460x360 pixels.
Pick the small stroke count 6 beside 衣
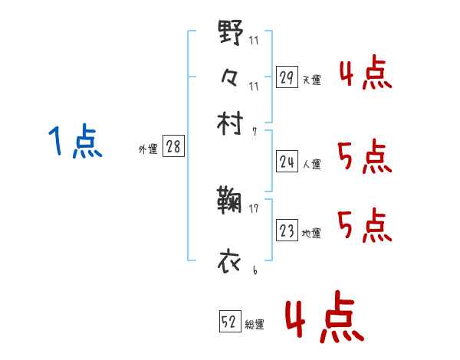(254, 269)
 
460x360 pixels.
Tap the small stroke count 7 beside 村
(254, 132)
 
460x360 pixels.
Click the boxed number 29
(287, 77)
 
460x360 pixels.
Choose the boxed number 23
(287, 231)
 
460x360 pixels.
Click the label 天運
(312, 80)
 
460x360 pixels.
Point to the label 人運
(312, 163)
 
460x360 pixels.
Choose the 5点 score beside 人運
(364, 158)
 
